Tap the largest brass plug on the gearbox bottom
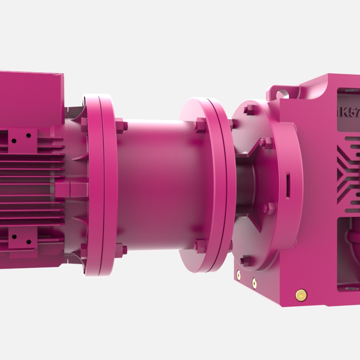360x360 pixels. [300, 295]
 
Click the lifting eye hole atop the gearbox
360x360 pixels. [282, 94]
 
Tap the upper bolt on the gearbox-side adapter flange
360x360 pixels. [200, 125]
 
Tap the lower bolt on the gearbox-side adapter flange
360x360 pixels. [199, 246]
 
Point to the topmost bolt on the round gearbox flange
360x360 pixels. [249, 110]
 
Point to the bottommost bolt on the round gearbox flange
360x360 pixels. [245, 260]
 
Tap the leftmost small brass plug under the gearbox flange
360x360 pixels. [238, 273]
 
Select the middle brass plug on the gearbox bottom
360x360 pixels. [254, 283]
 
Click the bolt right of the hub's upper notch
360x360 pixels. [267, 143]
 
